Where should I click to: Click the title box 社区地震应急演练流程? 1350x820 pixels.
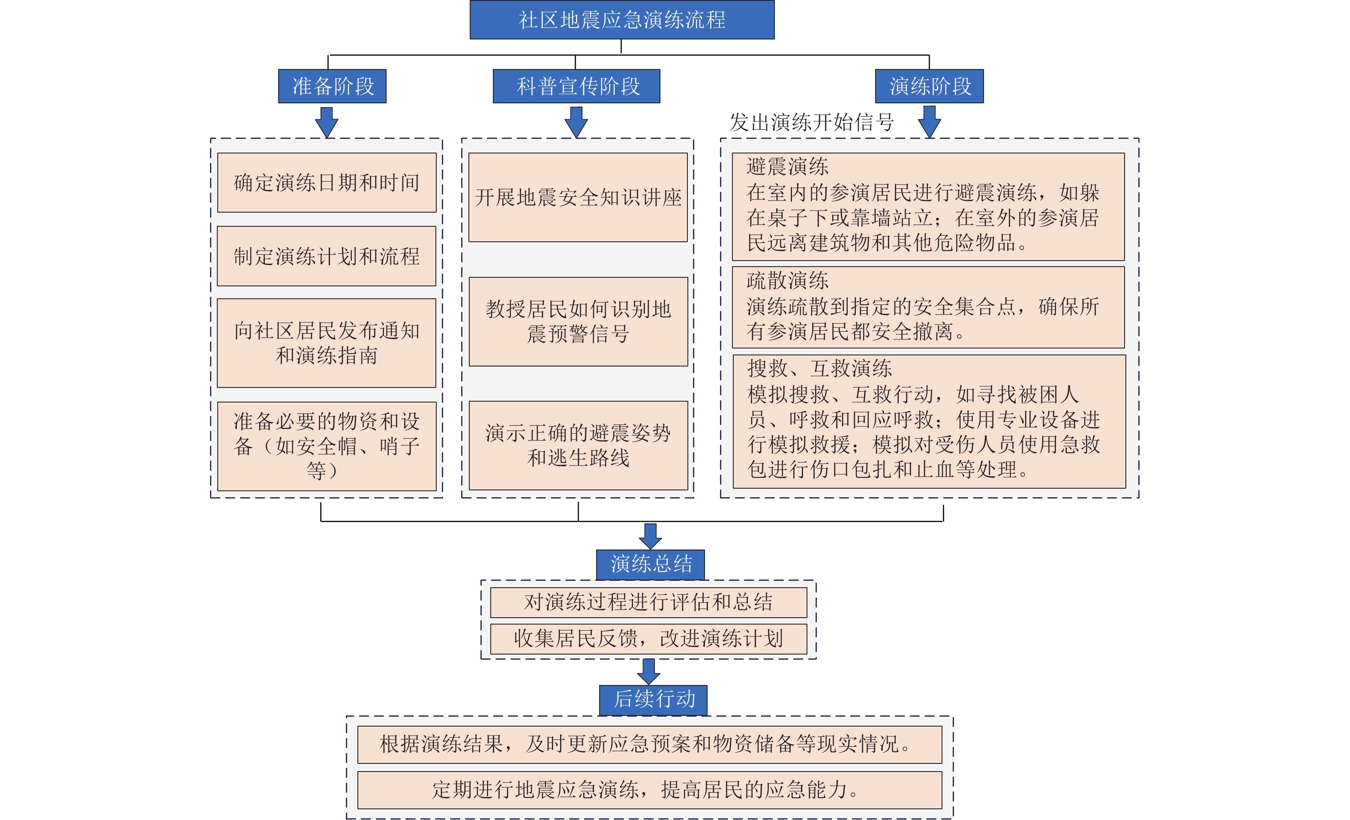click(x=622, y=20)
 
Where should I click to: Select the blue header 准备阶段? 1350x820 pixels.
click(x=332, y=86)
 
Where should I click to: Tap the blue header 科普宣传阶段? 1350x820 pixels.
click(x=576, y=86)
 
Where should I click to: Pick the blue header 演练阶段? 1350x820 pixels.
click(x=929, y=86)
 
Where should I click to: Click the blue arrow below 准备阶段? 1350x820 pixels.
click(x=327, y=122)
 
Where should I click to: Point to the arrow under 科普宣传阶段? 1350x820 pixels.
click(x=576, y=122)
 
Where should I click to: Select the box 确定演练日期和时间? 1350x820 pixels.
click(x=327, y=183)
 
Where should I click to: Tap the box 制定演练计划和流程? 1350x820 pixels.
click(x=327, y=256)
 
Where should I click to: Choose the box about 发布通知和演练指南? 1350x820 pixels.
click(x=327, y=343)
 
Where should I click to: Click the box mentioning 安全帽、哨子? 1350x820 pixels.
click(x=327, y=446)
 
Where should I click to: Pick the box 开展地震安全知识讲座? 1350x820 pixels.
click(x=578, y=197)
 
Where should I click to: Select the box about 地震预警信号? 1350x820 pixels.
click(x=578, y=322)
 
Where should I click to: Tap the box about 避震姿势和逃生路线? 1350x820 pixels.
click(x=578, y=446)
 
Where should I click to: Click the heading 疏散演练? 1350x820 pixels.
click(x=787, y=280)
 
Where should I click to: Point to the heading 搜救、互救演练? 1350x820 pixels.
click(x=819, y=368)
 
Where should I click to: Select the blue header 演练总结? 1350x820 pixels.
click(x=650, y=565)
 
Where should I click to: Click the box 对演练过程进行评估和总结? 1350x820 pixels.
click(x=649, y=602)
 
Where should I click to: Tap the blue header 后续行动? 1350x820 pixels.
click(x=653, y=700)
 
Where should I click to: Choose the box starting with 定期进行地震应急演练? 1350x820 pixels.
click(x=650, y=790)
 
